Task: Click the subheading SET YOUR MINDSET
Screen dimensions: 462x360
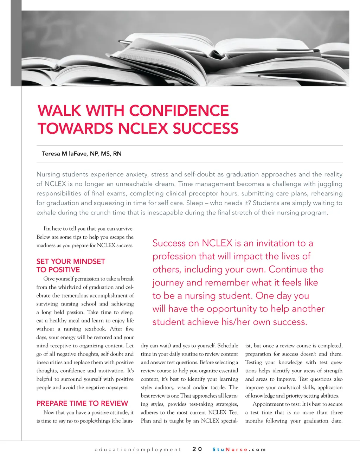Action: pyautogui.click(x=71, y=261)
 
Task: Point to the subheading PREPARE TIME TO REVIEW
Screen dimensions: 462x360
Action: pyautogui.click(x=82, y=403)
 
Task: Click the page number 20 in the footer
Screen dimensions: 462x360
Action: pyautogui.click(x=197, y=449)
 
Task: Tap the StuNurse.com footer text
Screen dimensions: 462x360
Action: pyautogui.click(x=239, y=449)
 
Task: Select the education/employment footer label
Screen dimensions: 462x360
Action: pyautogui.click(x=138, y=449)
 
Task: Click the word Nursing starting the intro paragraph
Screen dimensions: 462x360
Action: pyautogui.click(x=48, y=174)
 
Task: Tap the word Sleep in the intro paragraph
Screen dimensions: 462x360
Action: pyautogui.click(x=194, y=203)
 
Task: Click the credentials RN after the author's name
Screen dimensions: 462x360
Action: pyautogui.click(x=117, y=154)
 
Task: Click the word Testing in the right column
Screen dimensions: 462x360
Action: pyautogui.click(x=253, y=362)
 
